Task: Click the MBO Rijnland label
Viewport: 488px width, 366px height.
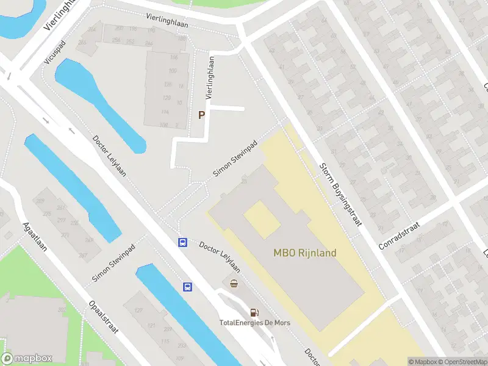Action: (x=304, y=253)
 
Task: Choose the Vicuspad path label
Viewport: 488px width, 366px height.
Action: (x=54, y=52)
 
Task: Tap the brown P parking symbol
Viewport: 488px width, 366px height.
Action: (x=201, y=115)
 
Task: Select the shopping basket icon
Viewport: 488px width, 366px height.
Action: (x=234, y=283)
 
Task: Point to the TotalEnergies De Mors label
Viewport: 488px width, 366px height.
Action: (x=255, y=323)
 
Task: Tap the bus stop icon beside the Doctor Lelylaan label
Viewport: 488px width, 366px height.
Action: (x=182, y=242)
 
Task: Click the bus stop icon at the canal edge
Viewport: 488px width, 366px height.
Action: (x=188, y=287)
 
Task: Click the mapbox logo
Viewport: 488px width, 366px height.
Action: (x=26, y=358)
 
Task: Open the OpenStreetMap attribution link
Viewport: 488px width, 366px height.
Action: (x=462, y=362)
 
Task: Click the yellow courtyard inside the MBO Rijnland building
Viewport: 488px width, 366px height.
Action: (x=262, y=220)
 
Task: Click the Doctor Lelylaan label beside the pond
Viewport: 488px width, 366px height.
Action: (x=109, y=156)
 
